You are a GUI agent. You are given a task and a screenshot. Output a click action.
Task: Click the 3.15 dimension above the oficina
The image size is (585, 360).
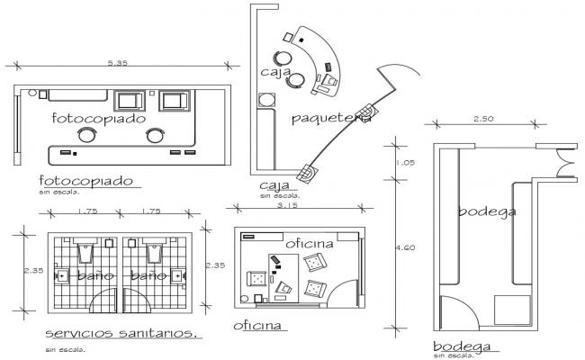290,207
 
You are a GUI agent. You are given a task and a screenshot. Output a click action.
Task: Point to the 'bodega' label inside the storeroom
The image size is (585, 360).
486,212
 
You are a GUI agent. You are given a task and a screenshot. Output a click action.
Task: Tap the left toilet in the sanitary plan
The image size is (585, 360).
85,248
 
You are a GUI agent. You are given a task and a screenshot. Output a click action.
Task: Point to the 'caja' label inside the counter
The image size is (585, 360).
274,71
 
